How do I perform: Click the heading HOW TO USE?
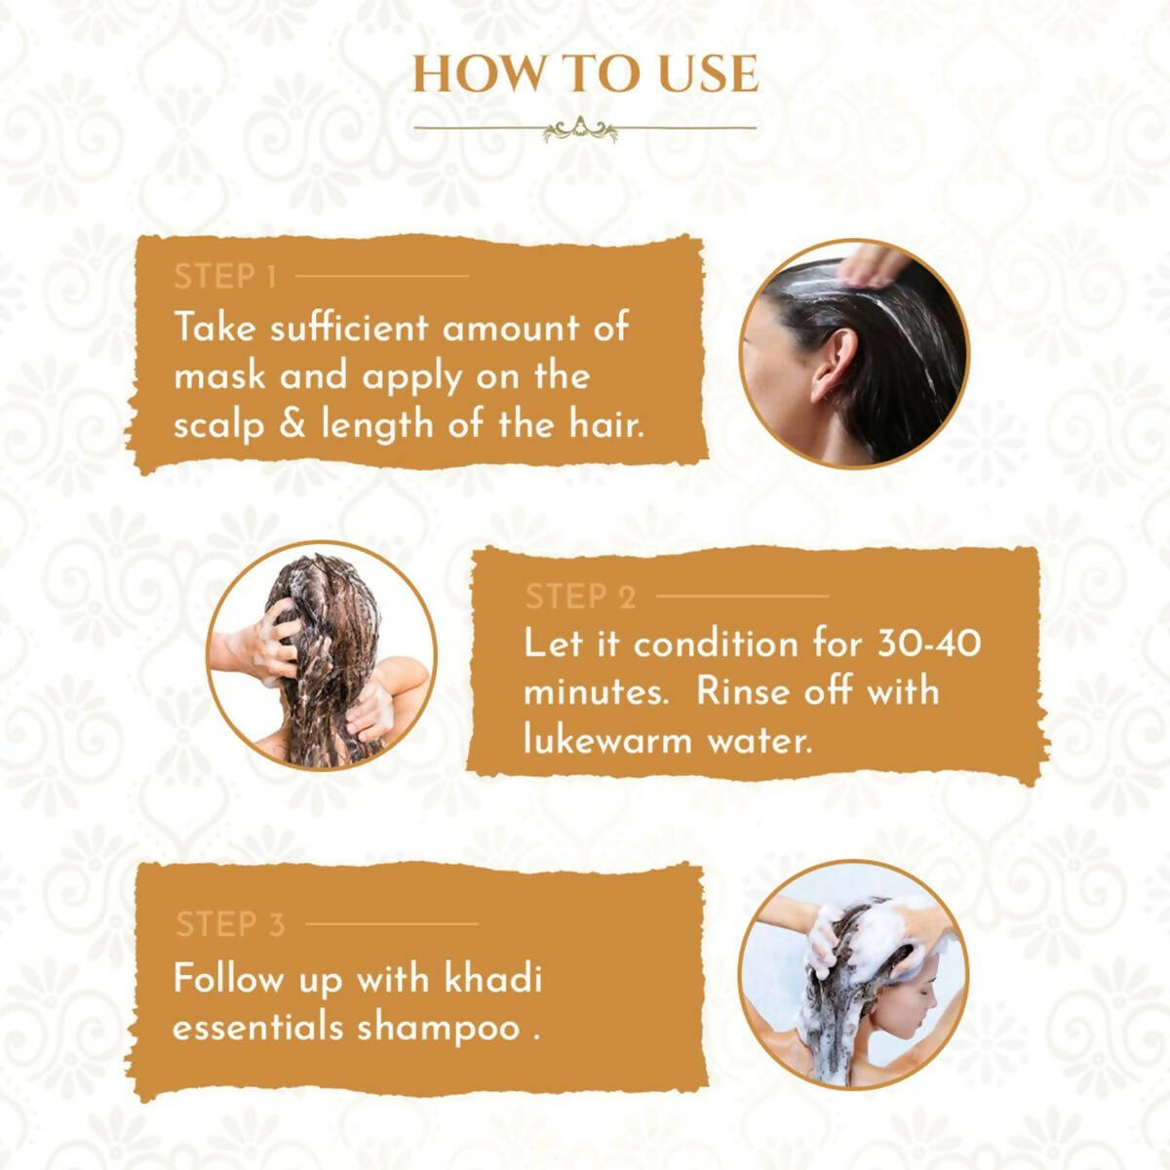(585, 75)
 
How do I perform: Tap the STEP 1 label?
(225, 277)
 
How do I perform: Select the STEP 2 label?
(580, 597)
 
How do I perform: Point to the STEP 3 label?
(230, 923)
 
